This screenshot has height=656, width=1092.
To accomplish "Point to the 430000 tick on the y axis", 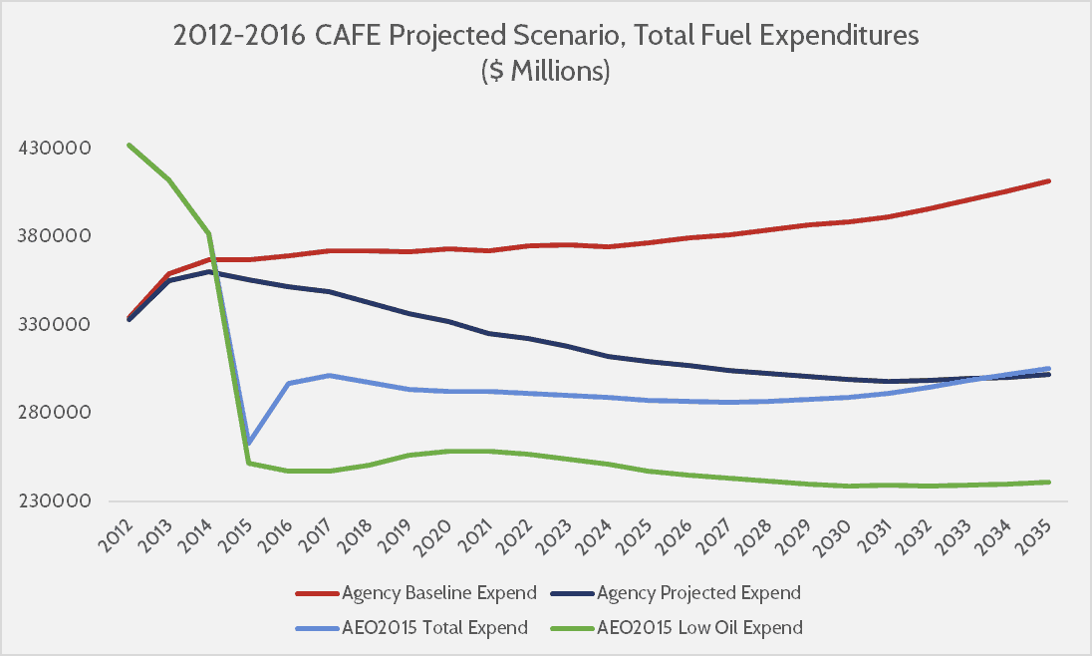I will point(55,149).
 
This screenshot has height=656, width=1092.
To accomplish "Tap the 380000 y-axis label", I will point(55,236).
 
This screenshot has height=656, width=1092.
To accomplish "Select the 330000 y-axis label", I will point(55,325).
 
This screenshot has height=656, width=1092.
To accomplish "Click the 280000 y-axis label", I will point(55,413).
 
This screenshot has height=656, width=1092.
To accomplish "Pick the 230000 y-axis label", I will point(55,501).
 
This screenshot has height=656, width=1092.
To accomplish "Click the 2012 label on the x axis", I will point(117,535).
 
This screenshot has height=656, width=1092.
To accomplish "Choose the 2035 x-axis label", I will point(1036,535).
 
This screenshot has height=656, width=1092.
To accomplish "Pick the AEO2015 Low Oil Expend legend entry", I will point(699,627).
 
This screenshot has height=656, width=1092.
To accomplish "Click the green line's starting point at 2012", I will point(129,145).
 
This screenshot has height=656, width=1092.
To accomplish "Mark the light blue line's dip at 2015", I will point(248,443).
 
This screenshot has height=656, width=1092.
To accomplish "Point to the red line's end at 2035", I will point(1049,180).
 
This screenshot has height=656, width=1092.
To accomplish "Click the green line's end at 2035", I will point(1049,482).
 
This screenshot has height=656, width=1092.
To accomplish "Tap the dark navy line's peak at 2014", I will point(208,271).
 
